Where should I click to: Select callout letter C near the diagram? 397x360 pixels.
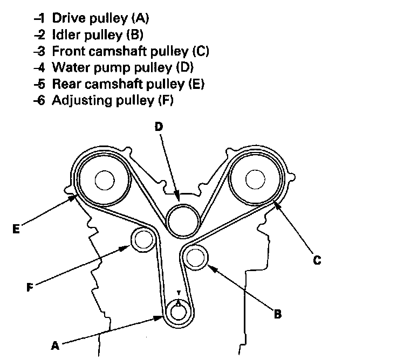tap(317, 260)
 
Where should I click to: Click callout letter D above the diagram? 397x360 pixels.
tap(159, 127)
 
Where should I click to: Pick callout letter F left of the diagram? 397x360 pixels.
tap(30, 287)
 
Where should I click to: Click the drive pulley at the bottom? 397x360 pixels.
tap(178, 311)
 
